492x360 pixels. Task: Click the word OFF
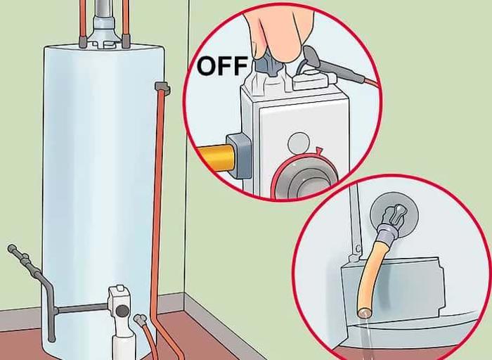pyautogui.click(x=222, y=65)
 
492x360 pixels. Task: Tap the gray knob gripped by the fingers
pyautogui.click(x=267, y=67)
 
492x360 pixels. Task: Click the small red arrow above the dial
pyautogui.click(x=319, y=151)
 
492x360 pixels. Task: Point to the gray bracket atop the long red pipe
pyautogui.click(x=163, y=88)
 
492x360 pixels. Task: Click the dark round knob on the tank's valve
pyautogui.click(x=122, y=310)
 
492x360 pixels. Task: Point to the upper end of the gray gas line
pyautogui.click(x=12, y=248)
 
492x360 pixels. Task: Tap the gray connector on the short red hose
pyautogui.click(x=141, y=319)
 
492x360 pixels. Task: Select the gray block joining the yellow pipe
pyautogui.click(x=239, y=155)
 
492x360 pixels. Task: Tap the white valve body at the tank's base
pyautogui.click(x=122, y=317)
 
